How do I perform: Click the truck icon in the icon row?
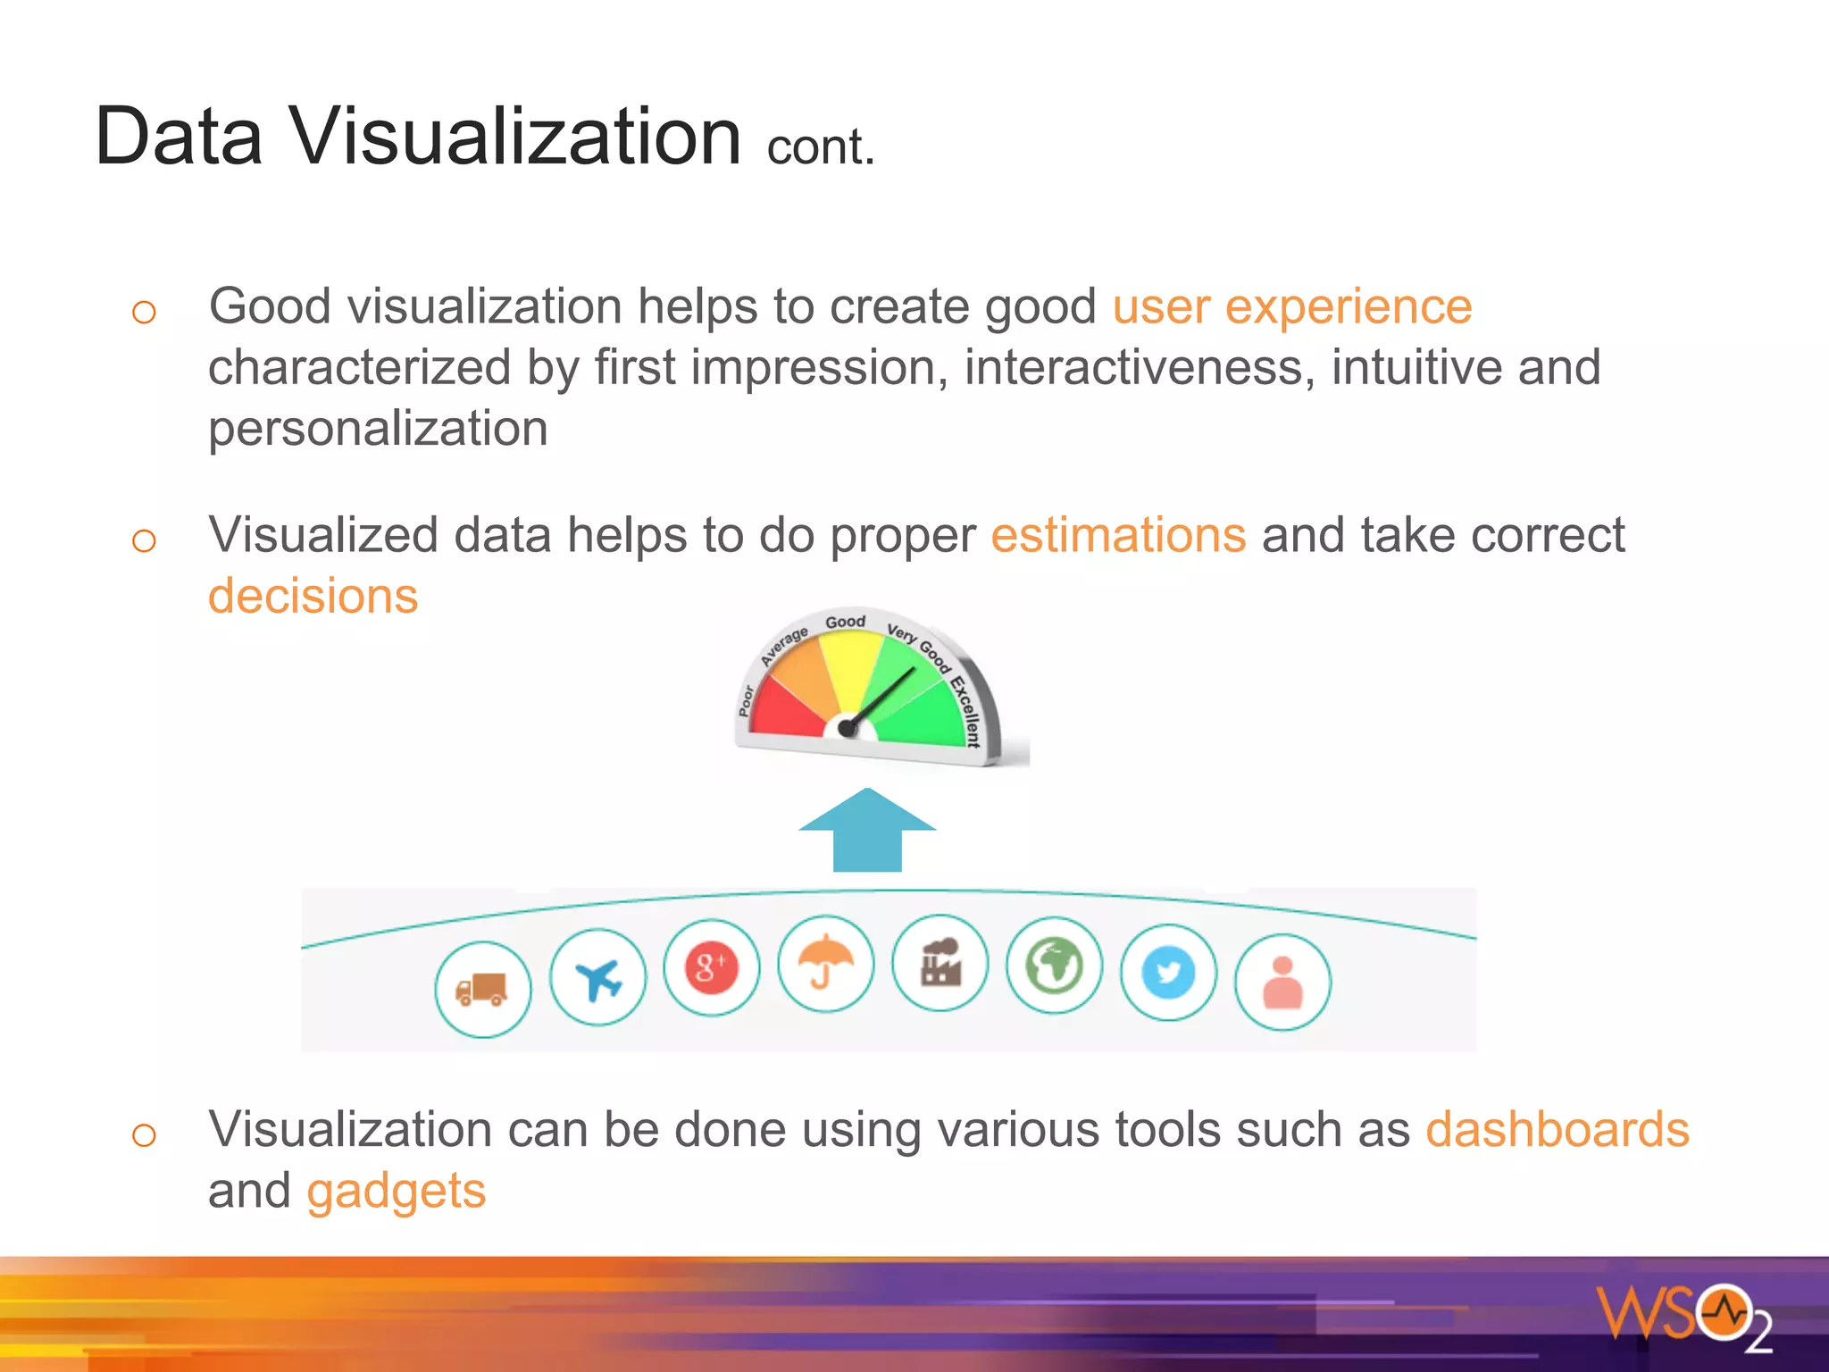pos(482,989)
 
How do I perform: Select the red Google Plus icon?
pos(712,968)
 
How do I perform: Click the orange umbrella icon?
pos(826,963)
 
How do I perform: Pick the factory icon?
pos(940,963)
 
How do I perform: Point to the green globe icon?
pos(1055,966)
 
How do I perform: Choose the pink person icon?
pos(1282,983)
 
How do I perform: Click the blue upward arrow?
pos(867,831)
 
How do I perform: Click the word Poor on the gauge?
pos(747,700)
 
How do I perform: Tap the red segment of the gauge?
pos(786,710)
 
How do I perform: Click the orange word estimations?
pos(1118,536)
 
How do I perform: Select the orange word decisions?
pos(313,596)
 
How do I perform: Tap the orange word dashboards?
pos(1557,1129)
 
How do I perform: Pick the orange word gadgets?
pos(396,1191)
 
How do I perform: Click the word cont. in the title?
pos(820,147)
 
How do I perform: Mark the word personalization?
pos(378,429)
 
